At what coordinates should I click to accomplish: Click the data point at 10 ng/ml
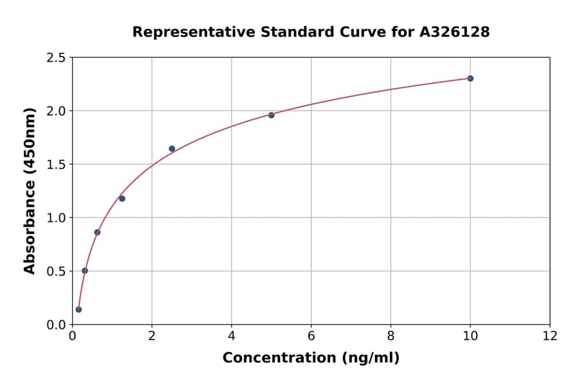pyautogui.click(x=470, y=78)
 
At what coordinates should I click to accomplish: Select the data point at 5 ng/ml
pyautogui.click(x=271, y=115)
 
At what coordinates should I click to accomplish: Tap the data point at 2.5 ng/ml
pyautogui.click(x=172, y=149)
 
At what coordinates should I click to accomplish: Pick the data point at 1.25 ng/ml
pyautogui.click(x=122, y=199)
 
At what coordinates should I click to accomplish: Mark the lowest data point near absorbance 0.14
pyautogui.click(x=78, y=309)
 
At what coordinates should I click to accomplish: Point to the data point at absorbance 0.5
pyautogui.click(x=85, y=271)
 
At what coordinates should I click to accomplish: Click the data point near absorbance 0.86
pyautogui.click(x=97, y=232)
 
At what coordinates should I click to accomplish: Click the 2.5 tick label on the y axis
pyautogui.click(x=56, y=58)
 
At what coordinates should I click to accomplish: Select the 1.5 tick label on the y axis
pyautogui.click(x=56, y=165)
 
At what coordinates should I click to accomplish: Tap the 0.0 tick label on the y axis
pyautogui.click(x=56, y=325)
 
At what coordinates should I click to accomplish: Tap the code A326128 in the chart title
pyautogui.click(x=454, y=32)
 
